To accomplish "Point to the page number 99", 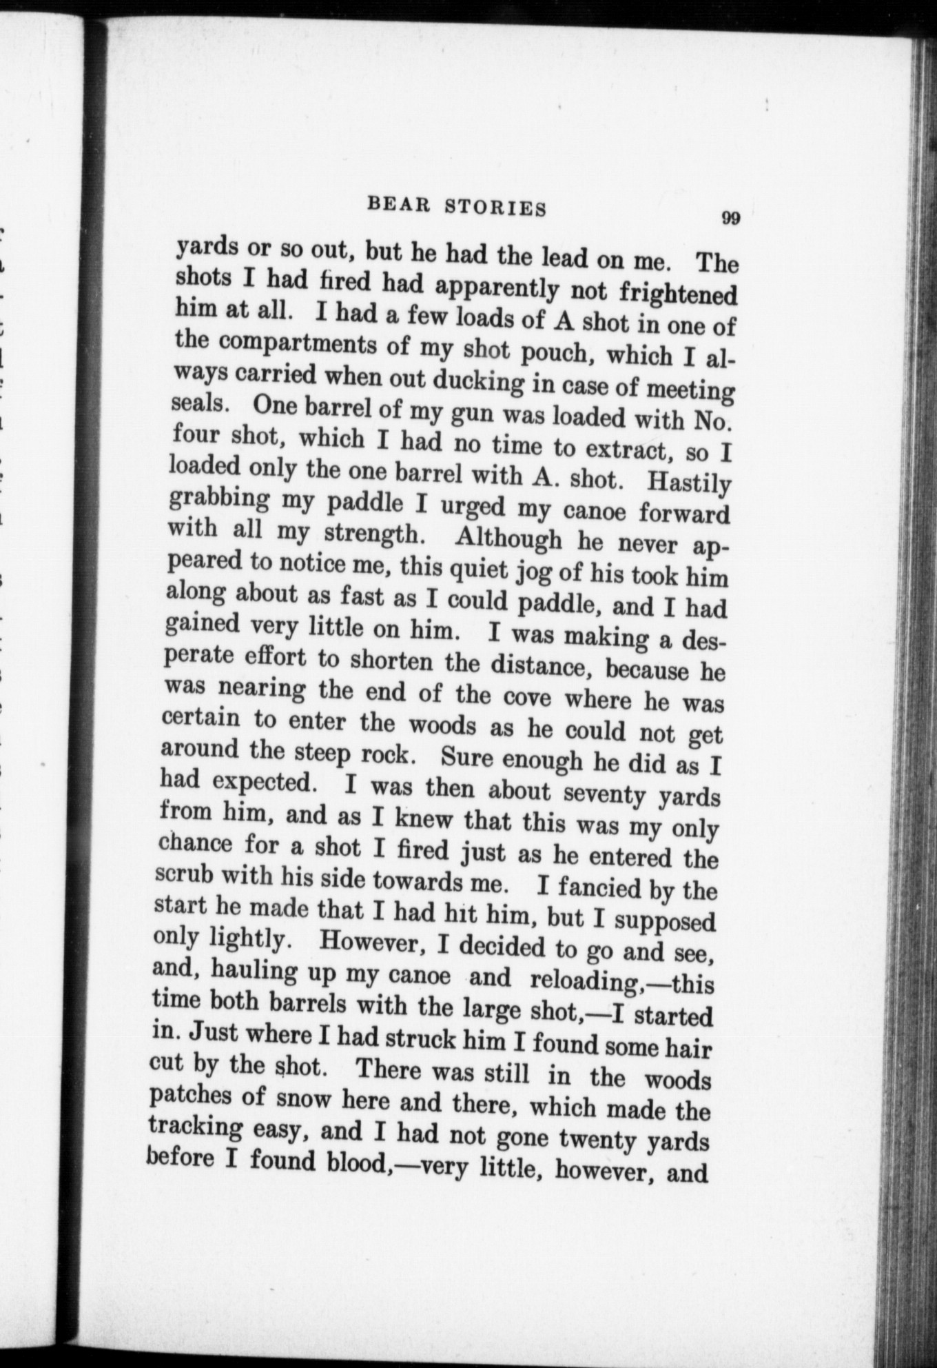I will pos(730,219).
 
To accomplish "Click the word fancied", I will pos(599,887).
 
